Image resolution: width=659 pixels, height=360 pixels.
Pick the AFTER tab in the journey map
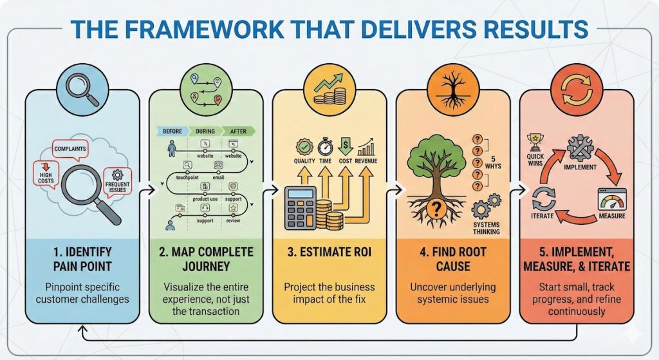[238, 131]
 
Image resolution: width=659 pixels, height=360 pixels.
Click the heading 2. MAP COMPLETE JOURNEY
[206, 258]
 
